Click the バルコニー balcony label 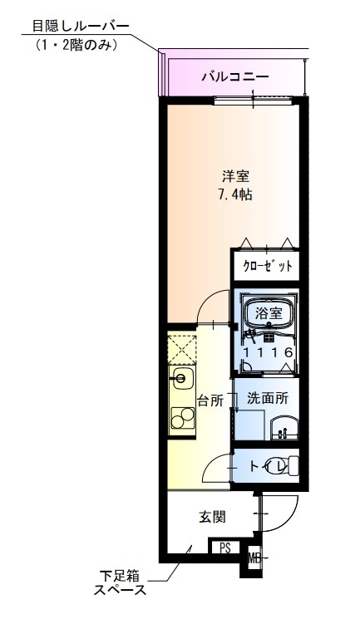click(x=235, y=76)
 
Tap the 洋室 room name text click(x=235, y=176)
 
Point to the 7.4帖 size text click(x=235, y=194)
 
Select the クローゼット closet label click(x=268, y=266)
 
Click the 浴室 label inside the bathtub click(x=269, y=313)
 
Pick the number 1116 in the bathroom click(x=269, y=352)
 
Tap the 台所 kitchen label click(x=210, y=400)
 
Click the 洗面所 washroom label click(x=268, y=398)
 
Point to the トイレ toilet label click(x=268, y=467)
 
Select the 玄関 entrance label click(x=212, y=517)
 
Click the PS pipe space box click(x=224, y=548)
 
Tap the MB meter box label click(x=254, y=558)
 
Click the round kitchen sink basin click(x=180, y=379)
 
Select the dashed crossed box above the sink click(x=182, y=350)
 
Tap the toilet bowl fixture click(x=293, y=467)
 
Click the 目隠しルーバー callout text click(x=80, y=27)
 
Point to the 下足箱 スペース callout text click(x=120, y=583)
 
